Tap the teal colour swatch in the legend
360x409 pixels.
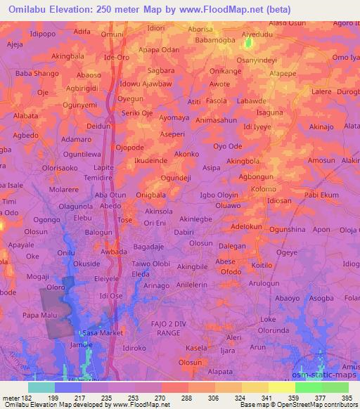click(x=41, y=387)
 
